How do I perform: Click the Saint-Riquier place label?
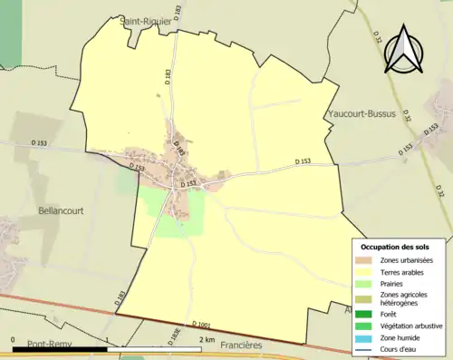pos(145,23)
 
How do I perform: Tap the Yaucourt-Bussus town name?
pos(360,127)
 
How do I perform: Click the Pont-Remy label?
pos(50,345)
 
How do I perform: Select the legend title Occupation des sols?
pos(395,246)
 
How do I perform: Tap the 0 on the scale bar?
pos(13,341)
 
